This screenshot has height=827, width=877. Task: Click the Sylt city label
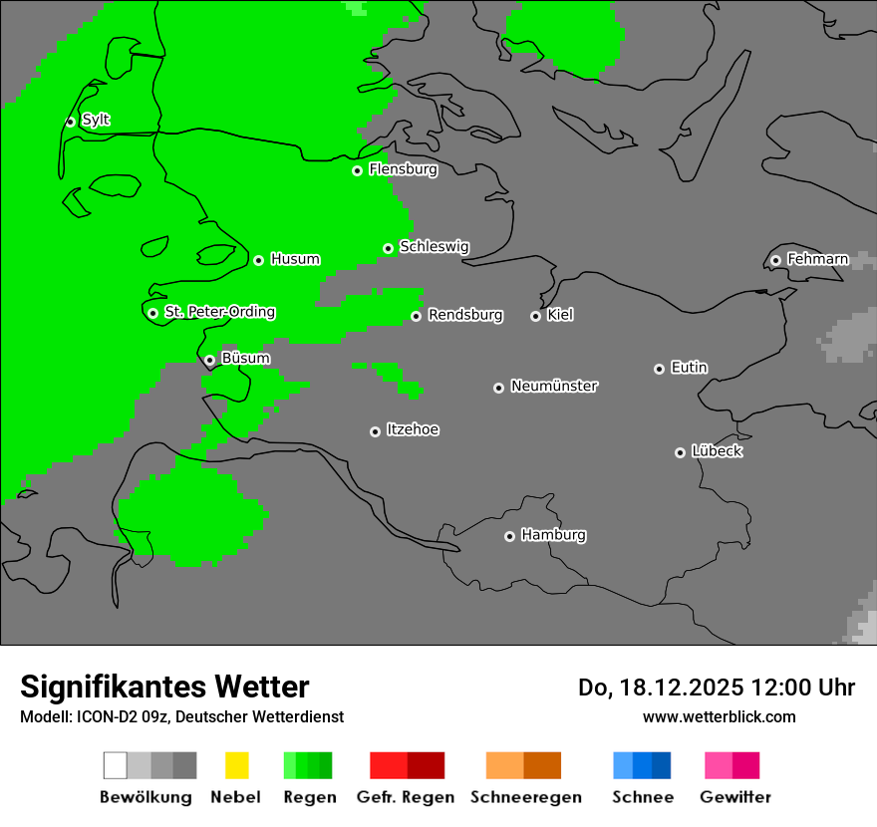(96, 121)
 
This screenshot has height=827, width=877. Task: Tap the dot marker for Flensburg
(357, 170)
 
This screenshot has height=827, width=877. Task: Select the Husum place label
(295, 259)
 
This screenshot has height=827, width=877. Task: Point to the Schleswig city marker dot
(389, 248)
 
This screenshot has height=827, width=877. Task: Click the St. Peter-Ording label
(219, 312)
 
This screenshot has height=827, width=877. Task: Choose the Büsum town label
(245, 358)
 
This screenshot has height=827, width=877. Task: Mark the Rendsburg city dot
(417, 317)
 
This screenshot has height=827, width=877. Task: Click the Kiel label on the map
(560, 315)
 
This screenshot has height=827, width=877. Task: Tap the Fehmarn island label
(817, 259)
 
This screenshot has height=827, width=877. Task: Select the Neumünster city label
(554, 386)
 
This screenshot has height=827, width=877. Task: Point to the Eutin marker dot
(659, 369)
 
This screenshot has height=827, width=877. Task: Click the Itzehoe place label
(413, 429)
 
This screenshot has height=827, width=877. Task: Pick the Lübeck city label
(717, 451)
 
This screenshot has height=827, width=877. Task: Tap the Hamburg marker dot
(509, 536)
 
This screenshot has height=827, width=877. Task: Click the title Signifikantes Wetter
(164, 687)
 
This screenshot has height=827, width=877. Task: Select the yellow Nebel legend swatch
(236, 765)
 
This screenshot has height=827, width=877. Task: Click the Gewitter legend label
(735, 797)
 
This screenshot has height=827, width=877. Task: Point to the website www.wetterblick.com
(719, 716)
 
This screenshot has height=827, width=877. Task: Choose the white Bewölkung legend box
(116, 765)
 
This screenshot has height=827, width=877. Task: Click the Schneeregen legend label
(525, 797)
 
